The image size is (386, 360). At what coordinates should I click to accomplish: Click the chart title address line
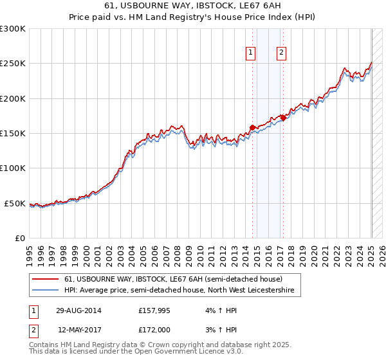coord(193,5)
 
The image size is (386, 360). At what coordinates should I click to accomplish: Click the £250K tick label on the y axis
coord(13,64)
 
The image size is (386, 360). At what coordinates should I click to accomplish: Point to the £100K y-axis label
coord(13,168)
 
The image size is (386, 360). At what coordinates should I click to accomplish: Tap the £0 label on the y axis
coord(20,238)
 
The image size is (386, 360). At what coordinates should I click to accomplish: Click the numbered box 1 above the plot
coord(250,53)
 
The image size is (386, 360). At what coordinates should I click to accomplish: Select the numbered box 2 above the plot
coord(282,53)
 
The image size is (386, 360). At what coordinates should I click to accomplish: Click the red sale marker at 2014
coord(253,127)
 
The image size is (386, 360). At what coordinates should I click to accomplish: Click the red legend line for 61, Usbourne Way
coord(46,279)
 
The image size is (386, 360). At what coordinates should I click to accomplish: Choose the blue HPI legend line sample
coord(46,291)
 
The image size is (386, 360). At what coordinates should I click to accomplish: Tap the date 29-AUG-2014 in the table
coord(77,310)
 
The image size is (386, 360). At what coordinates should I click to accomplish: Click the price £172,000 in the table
coord(156,330)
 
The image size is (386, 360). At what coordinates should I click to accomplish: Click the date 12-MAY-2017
coord(77,330)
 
